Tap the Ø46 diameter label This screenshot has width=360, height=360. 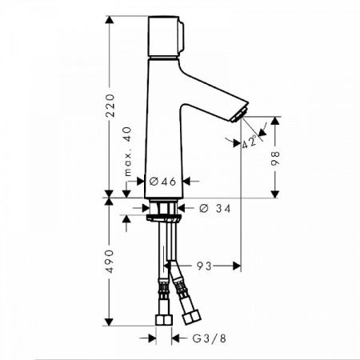[164, 182]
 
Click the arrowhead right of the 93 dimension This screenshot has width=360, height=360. [236, 265]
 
